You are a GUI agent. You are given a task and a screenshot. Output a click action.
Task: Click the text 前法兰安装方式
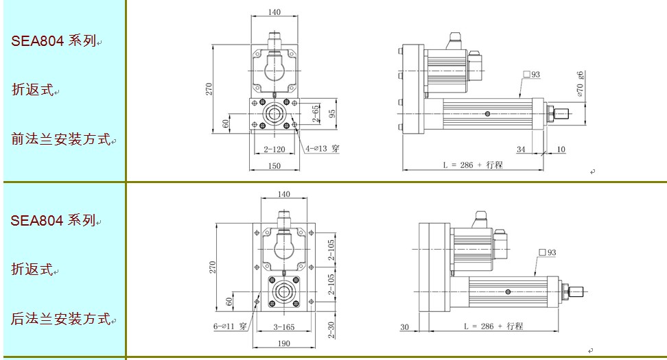point(61,139)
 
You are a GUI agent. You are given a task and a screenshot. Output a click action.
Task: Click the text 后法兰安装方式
point(61,318)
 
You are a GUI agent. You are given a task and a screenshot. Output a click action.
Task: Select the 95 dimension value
point(332,113)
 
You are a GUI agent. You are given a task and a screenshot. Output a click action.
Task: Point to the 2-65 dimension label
point(315,114)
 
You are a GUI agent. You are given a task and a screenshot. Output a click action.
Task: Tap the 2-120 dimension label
point(274,149)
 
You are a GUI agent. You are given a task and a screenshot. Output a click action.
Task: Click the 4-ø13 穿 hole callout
point(323,148)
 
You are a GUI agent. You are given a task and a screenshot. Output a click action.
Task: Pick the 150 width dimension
point(274,166)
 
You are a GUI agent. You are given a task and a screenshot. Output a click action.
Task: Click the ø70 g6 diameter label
point(581,84)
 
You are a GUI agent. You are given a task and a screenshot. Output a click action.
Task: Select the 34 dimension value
point(521,149)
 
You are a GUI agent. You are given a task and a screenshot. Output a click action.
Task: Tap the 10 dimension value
point(561,149)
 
